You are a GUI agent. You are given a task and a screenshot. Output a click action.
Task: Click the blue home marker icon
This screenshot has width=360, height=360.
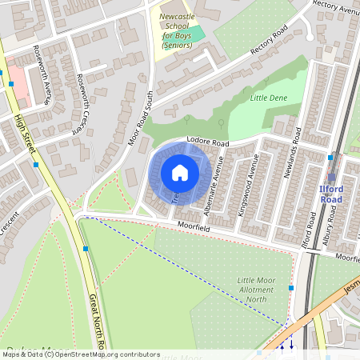(x=180, y=172)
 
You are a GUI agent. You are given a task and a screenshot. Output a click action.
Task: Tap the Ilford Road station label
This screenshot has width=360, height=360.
(x=330, y=194)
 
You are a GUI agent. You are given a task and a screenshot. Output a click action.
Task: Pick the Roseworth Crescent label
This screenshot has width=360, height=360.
(x=82, y=102)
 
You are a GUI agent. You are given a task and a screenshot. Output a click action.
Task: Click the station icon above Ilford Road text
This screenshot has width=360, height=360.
(x=331, y=178)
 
